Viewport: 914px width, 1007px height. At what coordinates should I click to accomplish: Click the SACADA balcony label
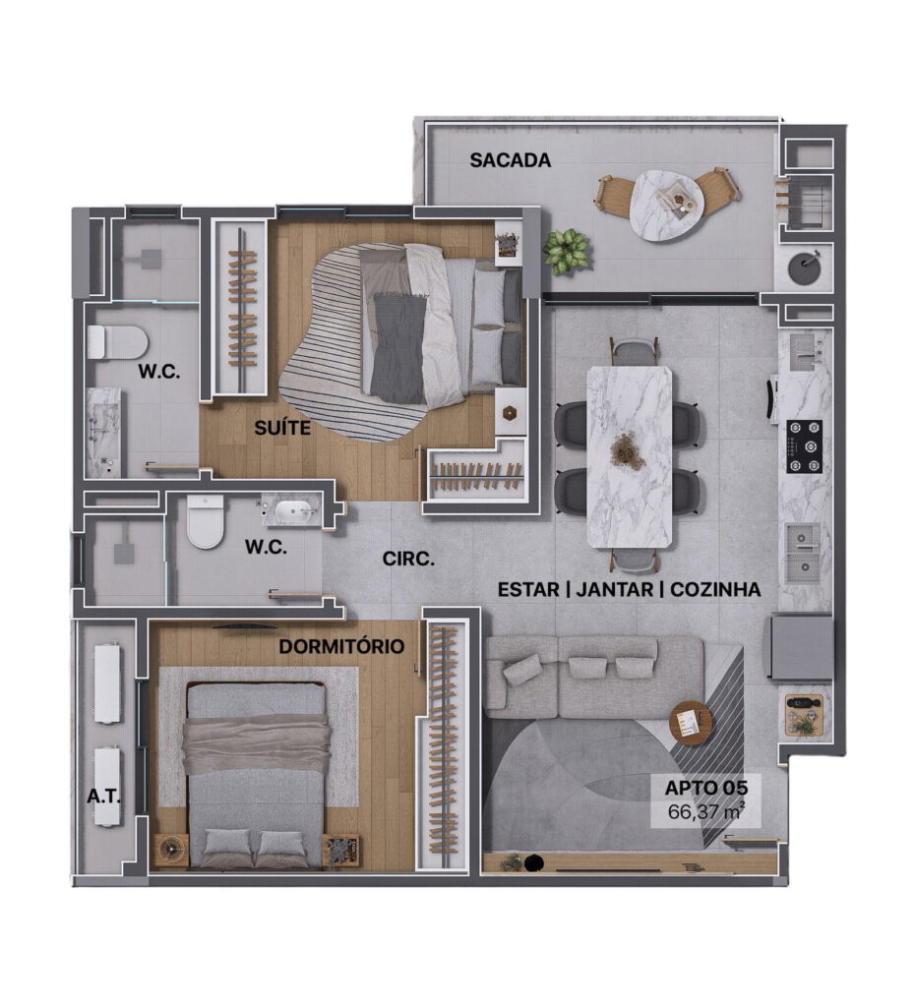pyautogui.click(x=510, y=160)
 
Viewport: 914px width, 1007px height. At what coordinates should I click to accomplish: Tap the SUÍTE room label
pyautogui.click(x=282, y=428)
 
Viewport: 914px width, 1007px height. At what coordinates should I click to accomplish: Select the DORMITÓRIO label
pyautogui.click(x=341, y=646)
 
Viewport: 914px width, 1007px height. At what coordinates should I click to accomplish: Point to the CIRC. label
pyautogui.click(x=408, y=559)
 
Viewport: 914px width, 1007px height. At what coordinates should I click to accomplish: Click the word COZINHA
pyautogui.click(x=715, y=590)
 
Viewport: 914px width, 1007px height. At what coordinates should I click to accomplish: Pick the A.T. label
pyautogui.click(x=103, y=797)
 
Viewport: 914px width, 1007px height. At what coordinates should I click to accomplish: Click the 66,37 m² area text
pyautogui.click(x=705, y=811)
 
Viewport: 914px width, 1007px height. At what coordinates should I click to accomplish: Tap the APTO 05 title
pyautogui.click(x=705, y=787)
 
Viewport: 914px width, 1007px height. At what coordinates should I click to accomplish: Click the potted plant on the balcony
pyautogui.click(x=566, y=251)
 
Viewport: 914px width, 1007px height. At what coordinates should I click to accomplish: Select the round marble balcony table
pyautogui.click(x=667, y=207)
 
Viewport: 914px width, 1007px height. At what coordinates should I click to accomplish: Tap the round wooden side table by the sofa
pyautogui.click(x=691, y=723)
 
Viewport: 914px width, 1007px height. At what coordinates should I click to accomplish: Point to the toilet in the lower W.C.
pyautogui.click(x=206, y=521)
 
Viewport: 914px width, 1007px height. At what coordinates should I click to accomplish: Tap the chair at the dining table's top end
pyautogui.click(x=635, y=352)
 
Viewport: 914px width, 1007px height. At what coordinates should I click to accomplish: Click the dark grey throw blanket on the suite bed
pyautogui.click(x=398, y=347)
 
